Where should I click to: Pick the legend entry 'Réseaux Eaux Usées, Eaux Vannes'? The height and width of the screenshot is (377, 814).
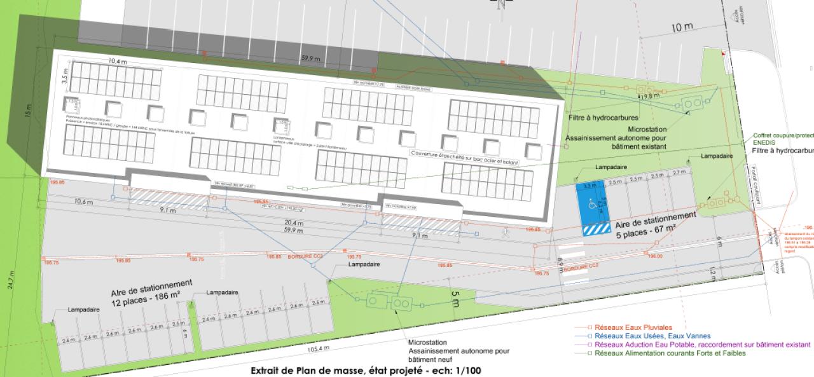pos(652,336)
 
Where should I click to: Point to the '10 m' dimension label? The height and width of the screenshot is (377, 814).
pos(682,28)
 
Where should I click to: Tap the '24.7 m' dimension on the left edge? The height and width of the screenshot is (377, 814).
pos(10,280)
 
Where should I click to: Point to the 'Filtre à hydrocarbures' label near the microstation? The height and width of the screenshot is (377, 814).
pos(603,118)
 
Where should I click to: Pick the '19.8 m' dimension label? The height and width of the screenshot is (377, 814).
pos(650,96)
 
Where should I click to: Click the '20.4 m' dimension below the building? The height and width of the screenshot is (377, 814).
pos(294,223)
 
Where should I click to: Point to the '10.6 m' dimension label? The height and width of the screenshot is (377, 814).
pos(83,202)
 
